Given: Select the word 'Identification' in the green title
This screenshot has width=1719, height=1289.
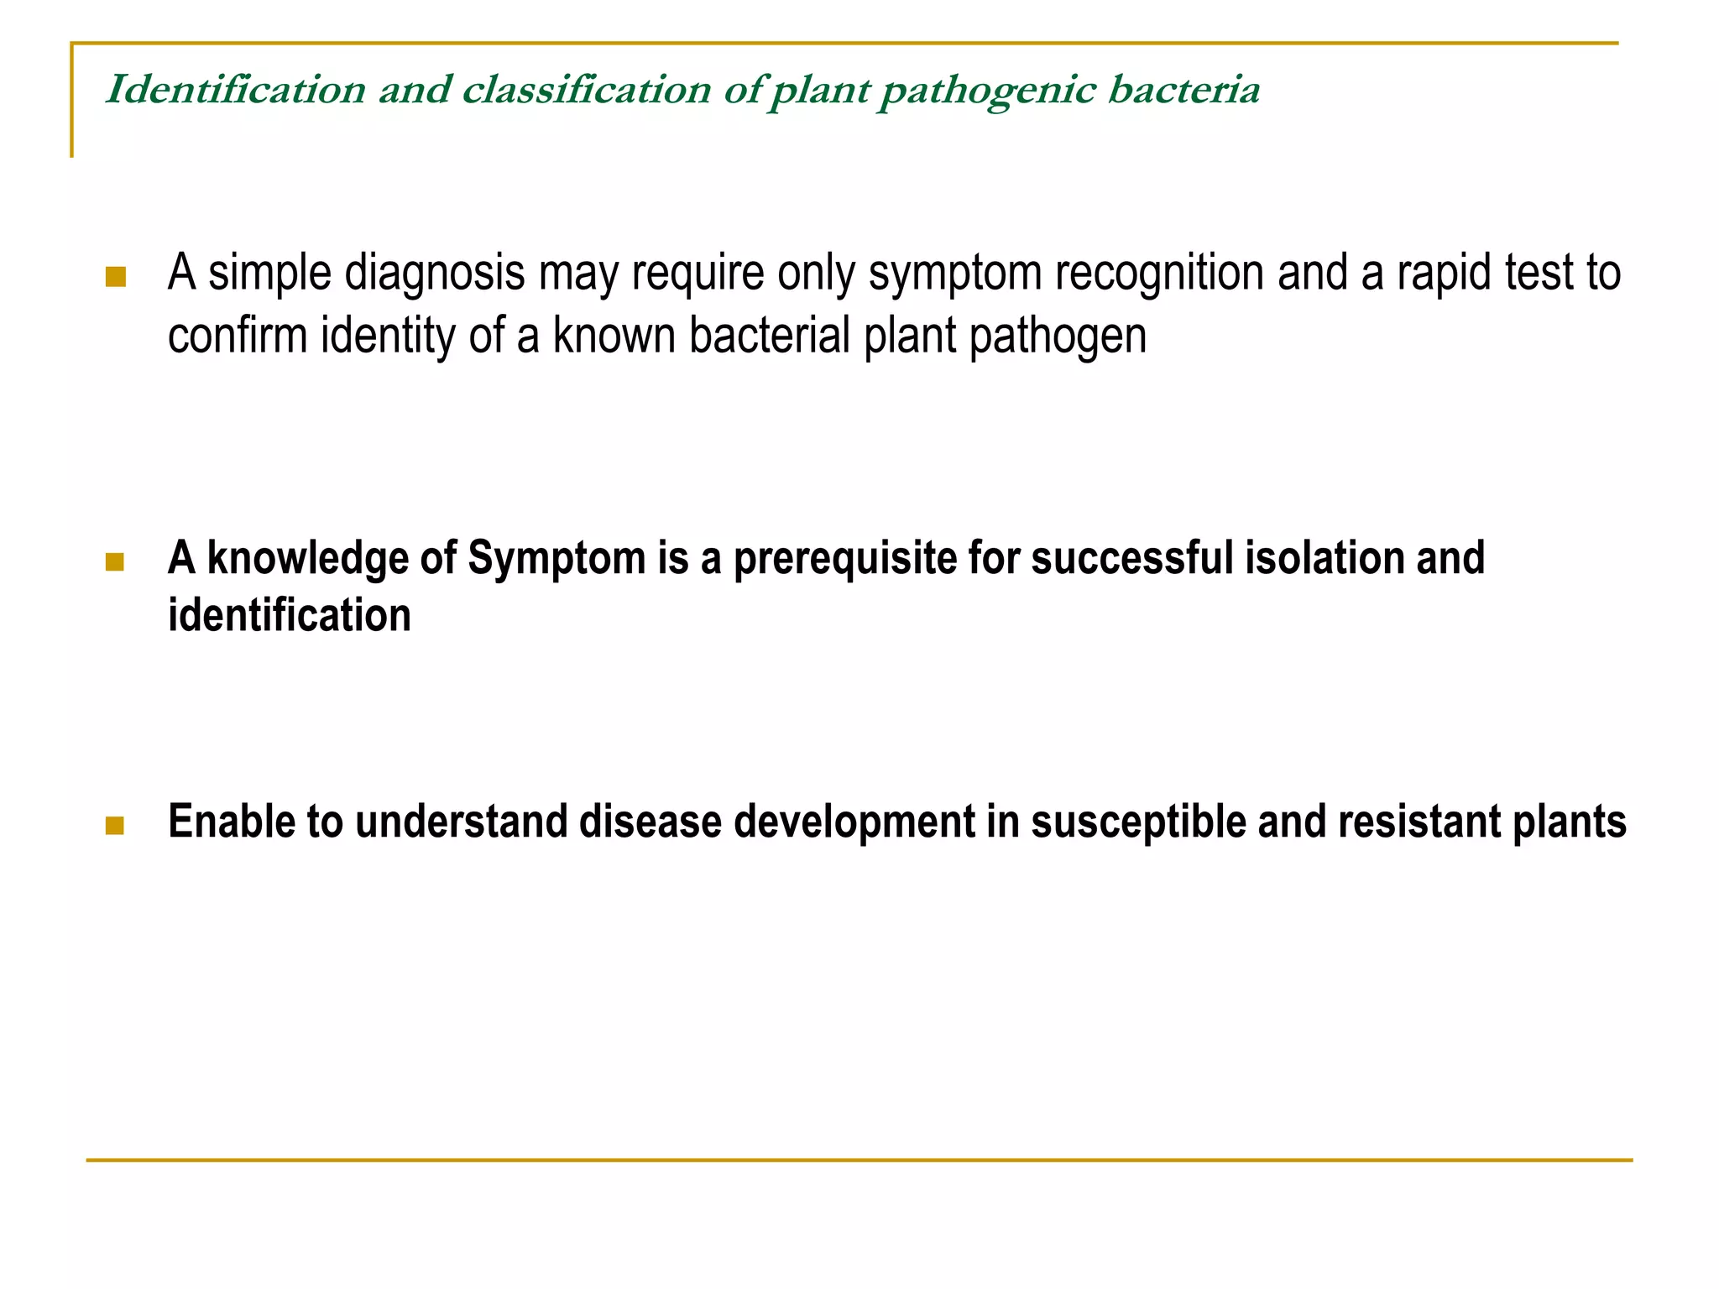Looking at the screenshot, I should (236, 90).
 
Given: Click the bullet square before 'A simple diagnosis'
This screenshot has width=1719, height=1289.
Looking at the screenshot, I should (116, 277).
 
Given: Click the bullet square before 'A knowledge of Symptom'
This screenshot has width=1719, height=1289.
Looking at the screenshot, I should (115, 561).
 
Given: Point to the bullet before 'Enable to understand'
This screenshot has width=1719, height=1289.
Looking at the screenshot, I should (115, 826).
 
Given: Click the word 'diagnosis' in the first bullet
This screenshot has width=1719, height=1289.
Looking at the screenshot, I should (435, 274).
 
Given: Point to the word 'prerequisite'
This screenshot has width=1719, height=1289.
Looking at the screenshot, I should (844, 560).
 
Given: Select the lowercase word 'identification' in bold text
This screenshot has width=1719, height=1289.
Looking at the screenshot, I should (290, 615).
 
